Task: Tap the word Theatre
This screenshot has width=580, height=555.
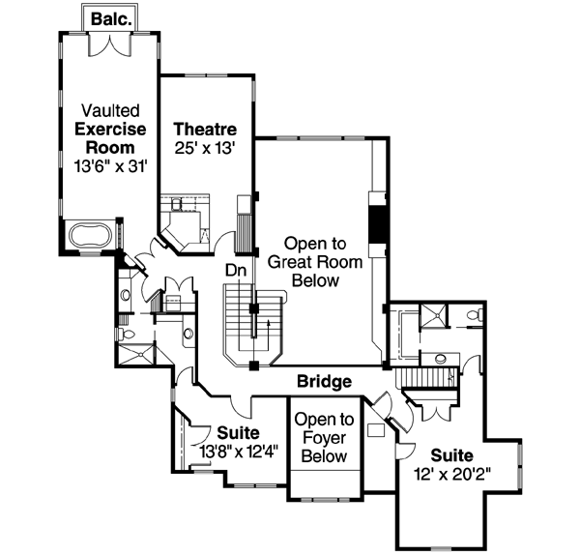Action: (204, 130)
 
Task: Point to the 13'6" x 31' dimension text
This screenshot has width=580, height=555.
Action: (104, 165)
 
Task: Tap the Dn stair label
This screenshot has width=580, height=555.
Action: (236, 272)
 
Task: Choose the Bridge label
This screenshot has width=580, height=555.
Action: (323, 382)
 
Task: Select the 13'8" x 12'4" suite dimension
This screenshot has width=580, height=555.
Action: (238, 450)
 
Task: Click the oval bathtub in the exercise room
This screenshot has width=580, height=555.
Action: (90, 235)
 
